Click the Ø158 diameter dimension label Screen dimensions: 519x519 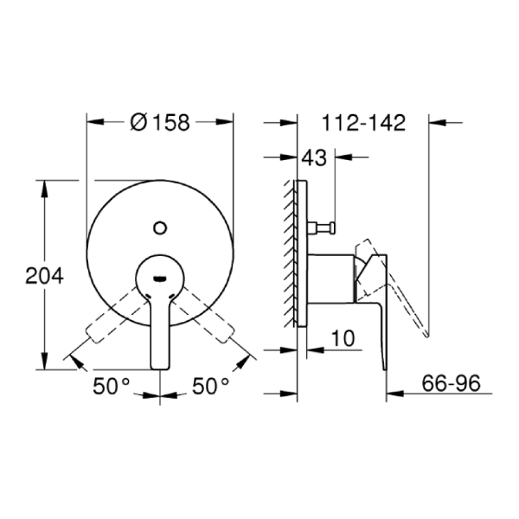pyautogui.click(x=160, y=122)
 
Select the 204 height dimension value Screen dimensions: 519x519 pyautogui.click(x=44, y=276)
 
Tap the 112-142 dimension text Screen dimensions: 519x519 pyautogui.click(x=364, y=123)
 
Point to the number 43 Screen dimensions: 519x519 pyautogui.click(x=314, y=157)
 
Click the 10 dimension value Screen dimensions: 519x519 pyautogui.click(x=343, y=338)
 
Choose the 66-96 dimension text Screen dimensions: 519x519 pyautogui.click(x=451, y=383)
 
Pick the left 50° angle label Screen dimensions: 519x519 pyautogui.click(x=112, y=386)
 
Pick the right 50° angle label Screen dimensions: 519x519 pyautogui.click(x=210, y=386)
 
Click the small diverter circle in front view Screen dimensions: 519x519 pyautogui.click(x=160, y=227)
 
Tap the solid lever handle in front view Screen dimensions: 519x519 pyautogui.click(x=160, y=331)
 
